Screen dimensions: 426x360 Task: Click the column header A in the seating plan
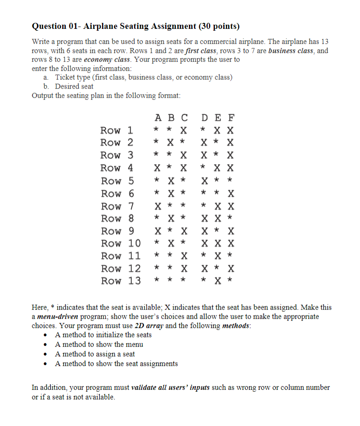[x=157, y=117]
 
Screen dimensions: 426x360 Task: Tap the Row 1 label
[x=117, y=130]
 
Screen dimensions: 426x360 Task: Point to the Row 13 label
[x=121, y=280]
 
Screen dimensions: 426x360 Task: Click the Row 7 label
[x=117, y=206]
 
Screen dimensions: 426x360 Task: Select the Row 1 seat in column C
[x=183, y=130]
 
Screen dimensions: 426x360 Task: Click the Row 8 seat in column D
[x=205, y=218]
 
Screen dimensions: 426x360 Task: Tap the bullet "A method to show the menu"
[x=99, y=345]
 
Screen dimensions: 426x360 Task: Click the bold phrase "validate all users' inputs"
[x=171, y=388]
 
